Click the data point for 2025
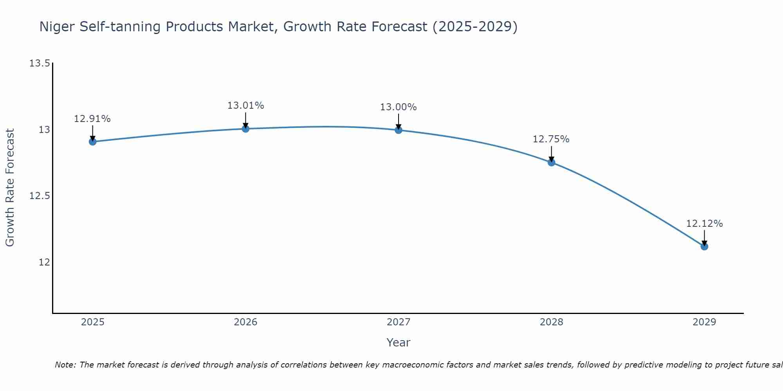point(93,142)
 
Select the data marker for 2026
point(245,129)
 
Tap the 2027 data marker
point(399,130)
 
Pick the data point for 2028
point(551,162)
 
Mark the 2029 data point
point(704,246)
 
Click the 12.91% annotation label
point(92,119)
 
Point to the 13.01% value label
point(245,106)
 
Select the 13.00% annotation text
point(398,107)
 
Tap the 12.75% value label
point(551,139)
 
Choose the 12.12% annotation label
point(704,224)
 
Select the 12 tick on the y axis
point(44,262)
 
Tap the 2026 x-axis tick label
point(245,322)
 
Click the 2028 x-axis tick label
point(551,322)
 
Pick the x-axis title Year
point(398,343)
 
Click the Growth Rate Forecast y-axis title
point(10,188)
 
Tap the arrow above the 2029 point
point(704,238)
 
